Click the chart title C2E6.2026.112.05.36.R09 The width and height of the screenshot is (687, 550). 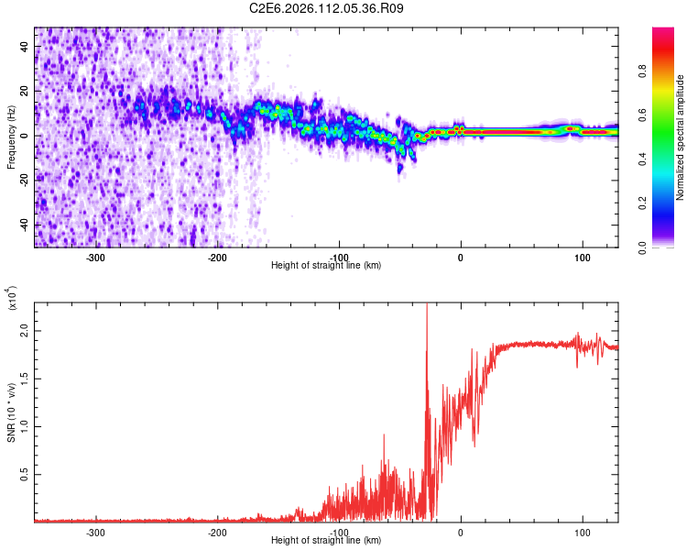[327, 8]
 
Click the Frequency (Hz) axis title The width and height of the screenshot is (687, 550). [11, 137]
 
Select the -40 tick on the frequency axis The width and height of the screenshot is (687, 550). [25, 225]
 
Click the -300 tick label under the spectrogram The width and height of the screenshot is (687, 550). [97, 258]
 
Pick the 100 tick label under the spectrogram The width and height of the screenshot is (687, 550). [582, 258]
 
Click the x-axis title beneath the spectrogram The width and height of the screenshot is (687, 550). [326, 266]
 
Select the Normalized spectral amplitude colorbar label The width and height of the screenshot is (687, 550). [681, 137]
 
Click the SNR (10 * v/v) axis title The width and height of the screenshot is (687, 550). [11, 407]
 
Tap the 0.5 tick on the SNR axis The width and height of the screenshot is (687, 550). [24, 474]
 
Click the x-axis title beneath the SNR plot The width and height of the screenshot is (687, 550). [326, 541]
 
